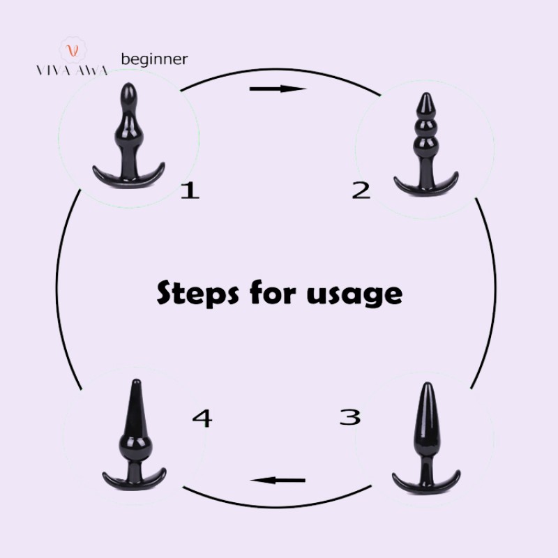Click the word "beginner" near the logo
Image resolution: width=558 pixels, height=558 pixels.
click(x=154, y=59)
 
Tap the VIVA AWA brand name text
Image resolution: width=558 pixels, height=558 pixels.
click(x=72, y=70)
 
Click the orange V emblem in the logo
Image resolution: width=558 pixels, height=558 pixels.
click(x=73, y=50)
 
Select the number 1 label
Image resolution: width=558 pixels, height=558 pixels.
click(x=190, y=190)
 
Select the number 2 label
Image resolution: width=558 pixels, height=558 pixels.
click(x=361, y=190)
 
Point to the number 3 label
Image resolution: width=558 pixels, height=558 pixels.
click(x=350, y=416)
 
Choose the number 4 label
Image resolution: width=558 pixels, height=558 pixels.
click(x=202, y=418)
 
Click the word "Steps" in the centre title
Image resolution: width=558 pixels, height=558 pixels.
click(x=197, y=293)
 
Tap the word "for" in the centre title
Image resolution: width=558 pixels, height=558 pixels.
click(x=273, y=292)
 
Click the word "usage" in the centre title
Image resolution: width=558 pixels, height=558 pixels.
click(x=354, y=294)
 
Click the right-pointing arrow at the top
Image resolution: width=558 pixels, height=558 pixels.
click(x=278, y=89)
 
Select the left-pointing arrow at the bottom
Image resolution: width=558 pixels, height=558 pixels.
click(x=278, y=481)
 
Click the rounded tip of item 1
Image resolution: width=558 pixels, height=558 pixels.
click(x=128, y=93)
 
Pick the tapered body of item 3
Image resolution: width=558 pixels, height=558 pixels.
click(x=427, y=419)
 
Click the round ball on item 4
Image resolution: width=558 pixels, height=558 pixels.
click(x=135, y=444)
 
